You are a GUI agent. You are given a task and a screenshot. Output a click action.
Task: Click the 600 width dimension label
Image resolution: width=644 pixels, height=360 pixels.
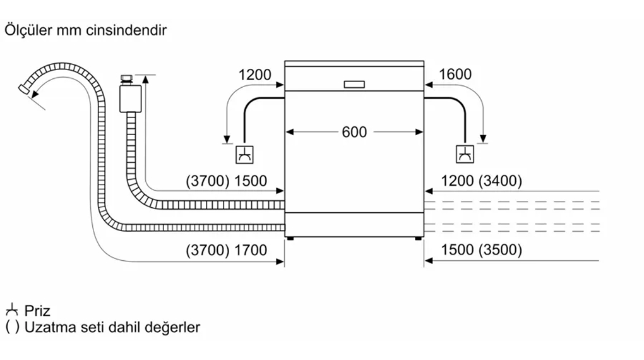[354, 132]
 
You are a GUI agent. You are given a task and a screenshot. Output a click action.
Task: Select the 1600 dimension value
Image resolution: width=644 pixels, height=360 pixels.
[455, 75]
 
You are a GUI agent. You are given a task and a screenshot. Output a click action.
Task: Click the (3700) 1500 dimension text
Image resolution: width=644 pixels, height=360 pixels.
[226, 181]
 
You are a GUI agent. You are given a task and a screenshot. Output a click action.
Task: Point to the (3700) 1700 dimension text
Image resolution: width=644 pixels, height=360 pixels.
[226, 250]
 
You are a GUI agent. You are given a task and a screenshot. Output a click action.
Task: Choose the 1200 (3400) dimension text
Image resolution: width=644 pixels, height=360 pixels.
[481, 181]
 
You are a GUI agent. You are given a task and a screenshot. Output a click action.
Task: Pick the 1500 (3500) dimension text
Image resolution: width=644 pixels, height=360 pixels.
[481, 250]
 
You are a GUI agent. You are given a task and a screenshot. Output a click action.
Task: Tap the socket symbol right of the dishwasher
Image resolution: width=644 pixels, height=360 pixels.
[465, 154]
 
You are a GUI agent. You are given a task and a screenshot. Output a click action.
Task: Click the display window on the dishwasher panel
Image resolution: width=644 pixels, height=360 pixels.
[354, 84]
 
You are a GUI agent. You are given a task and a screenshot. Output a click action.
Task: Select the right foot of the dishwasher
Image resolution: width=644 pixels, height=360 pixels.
[419, 238]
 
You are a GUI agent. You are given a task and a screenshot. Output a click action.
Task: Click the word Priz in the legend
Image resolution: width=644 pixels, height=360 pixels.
[37, 311]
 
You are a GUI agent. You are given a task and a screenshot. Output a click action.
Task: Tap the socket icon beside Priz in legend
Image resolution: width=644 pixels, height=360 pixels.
[11, 310]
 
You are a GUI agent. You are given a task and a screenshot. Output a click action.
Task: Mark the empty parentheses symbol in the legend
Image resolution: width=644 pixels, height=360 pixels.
[12, 327]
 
